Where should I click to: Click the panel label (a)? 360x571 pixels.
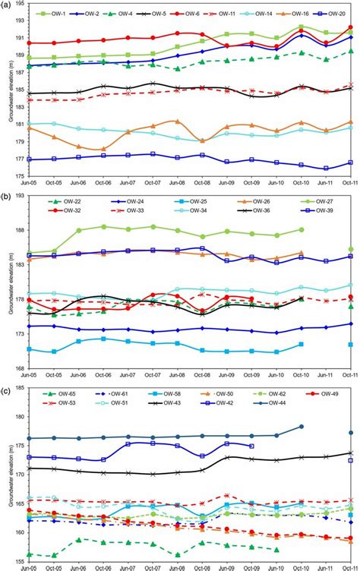pyautogui.click(x=8, y=5)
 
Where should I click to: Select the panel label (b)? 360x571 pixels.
pyautogui.click(x=8, y=196)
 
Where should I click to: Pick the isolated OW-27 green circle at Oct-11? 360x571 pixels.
pyautogui.click(x=350, y=249)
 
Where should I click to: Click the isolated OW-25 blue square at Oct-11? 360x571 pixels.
pyautogui.click(x=350, y=344)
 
